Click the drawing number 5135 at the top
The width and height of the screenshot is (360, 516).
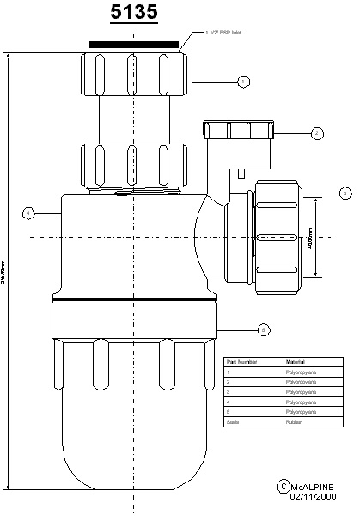pos(133,15)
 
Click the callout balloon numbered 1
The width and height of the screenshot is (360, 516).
pos(243,81)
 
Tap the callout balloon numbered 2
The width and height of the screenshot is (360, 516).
pos(317,133)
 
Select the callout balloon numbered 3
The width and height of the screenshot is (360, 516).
pos(345,193)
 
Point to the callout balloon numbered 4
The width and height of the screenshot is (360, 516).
pos(28,212)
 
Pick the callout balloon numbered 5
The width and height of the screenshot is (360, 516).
pos(264,329)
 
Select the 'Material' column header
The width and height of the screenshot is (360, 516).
pos(296,362)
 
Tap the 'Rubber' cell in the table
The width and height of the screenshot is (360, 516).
pos(293,422)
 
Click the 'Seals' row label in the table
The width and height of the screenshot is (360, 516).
pos(231,422)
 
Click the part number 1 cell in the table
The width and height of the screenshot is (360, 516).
pos(228,372)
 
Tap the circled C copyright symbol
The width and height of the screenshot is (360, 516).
pos(284,488)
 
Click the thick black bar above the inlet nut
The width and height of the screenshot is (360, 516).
pos(133,41)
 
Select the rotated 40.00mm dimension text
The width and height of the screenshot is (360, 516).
pos(309,236)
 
